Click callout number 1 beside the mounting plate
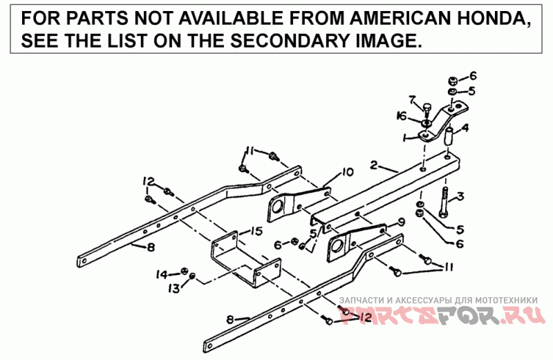pyautogui.click(x=405, y=138)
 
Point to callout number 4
pyautogui.click(x=465, y=127)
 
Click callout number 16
pyautogui.click(x=401, y=115)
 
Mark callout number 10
pyautogui.click(x=346, y=171)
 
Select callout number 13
pyautogui.click(x=175, y=286)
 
